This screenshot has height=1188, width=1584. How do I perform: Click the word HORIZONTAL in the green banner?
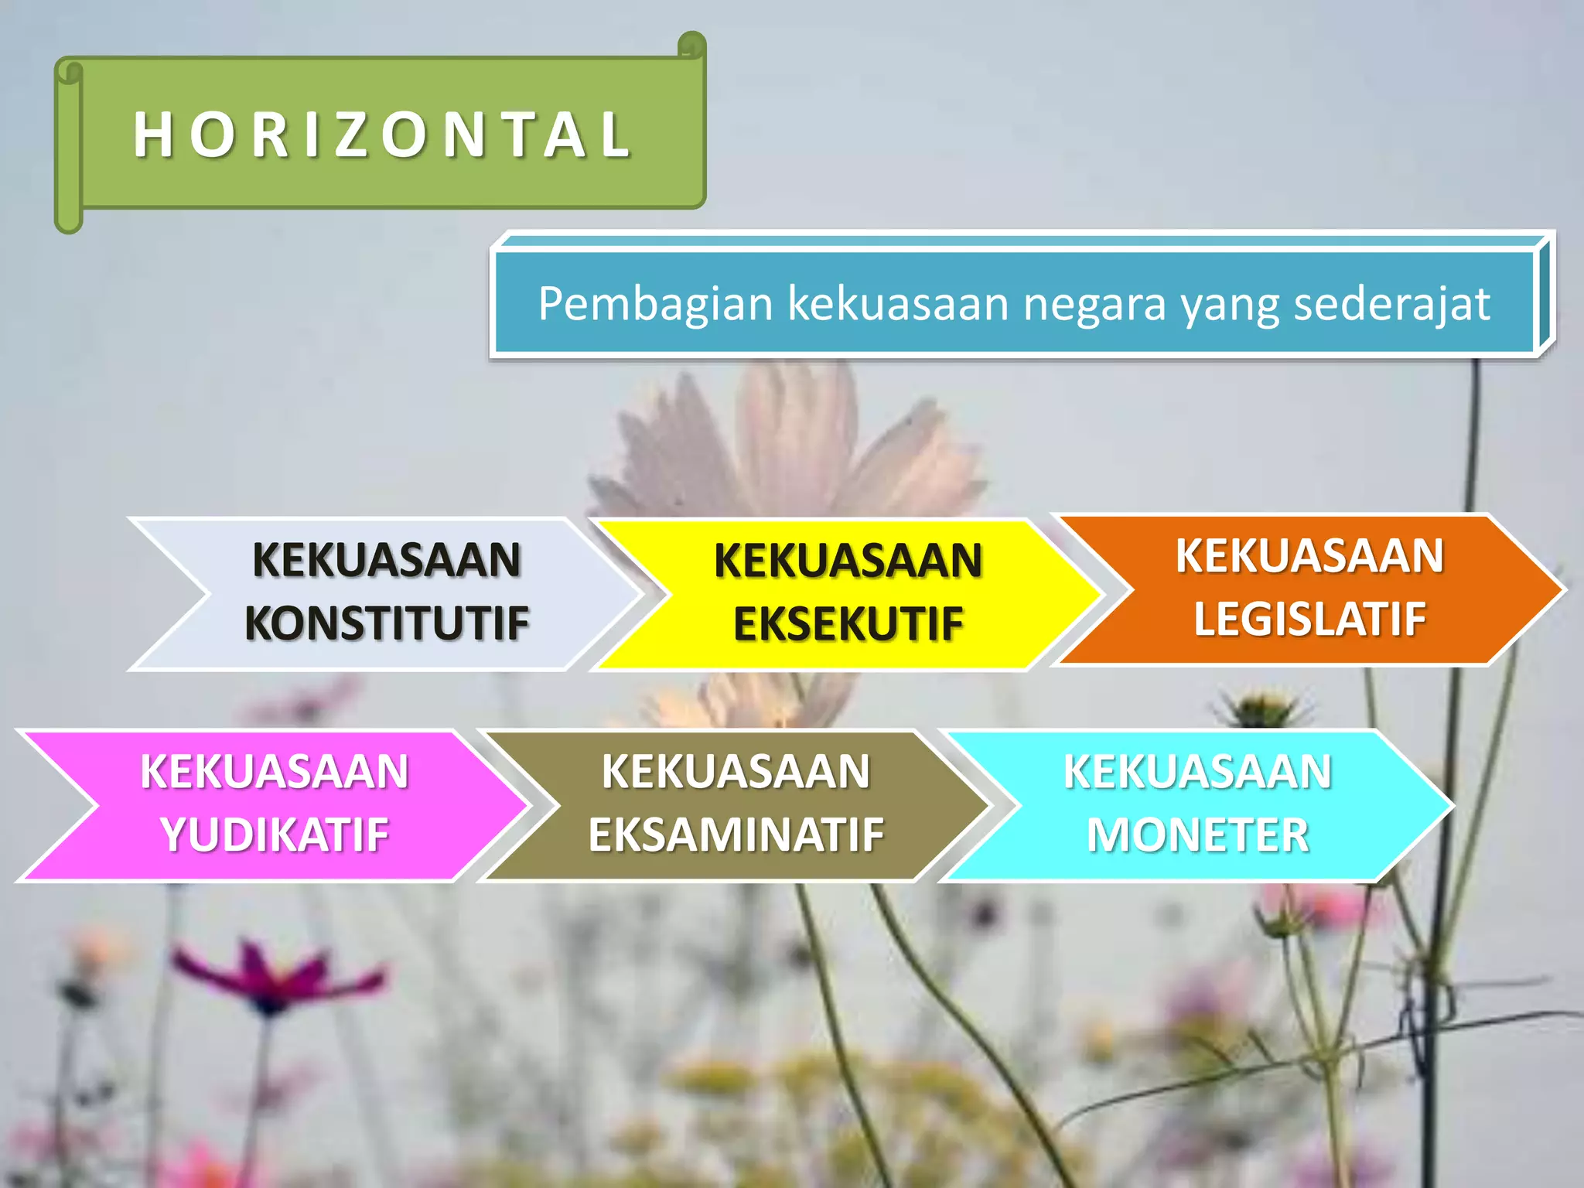pyautogui.click(x=383, y=135)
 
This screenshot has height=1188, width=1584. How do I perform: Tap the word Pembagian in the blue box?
pyautogui.click(x=655, y=304)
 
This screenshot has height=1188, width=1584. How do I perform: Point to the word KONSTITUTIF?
pyautogui.click(x=387, y=623)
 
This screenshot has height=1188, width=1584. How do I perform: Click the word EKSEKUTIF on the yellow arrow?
pyautogui.click(x=848, y=624)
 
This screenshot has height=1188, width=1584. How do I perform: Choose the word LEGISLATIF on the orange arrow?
pyautogui.click(x=1309, y=619)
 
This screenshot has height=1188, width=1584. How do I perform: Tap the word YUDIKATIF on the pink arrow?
pyautogui.click(x=275, y=835)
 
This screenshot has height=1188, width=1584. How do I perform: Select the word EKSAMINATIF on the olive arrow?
pyautogui.click(x=736, y=835)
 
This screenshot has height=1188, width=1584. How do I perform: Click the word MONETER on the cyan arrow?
pyautogui.click(x=1197, y=835)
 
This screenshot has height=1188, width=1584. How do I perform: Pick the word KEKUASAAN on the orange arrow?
pyautogui.click(x=1309, y=555)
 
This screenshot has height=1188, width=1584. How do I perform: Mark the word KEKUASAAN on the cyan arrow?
pyautogui.click(x=1197, y=771)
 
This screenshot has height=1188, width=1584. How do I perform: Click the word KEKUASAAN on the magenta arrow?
pyautogui.click(x=275, y=771)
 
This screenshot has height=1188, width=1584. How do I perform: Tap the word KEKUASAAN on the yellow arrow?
pyautogui.click(x=848, y=561)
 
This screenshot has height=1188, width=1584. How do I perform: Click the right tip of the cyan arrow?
pyautogui.click(x=1453, y=805)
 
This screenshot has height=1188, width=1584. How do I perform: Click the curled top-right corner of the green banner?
pyautogui.click(x=692, y=44)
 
